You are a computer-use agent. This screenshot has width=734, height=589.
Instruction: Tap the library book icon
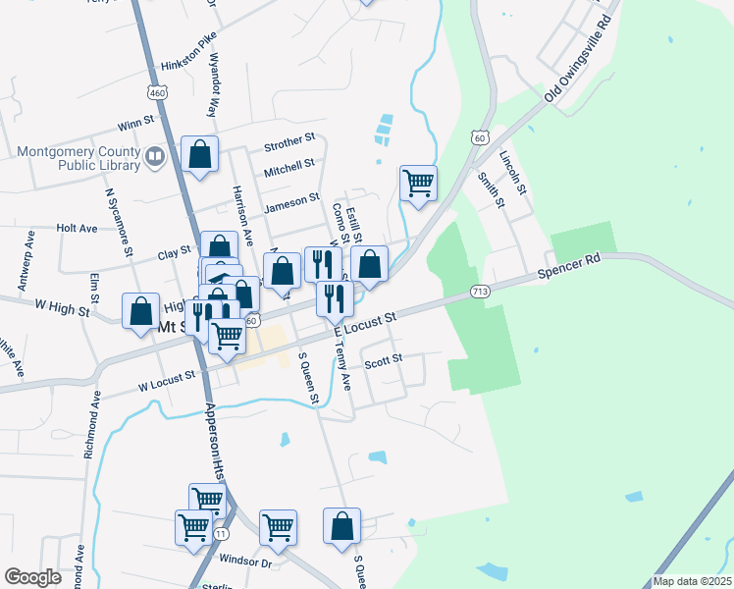154,157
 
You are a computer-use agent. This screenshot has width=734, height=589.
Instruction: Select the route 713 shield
480,291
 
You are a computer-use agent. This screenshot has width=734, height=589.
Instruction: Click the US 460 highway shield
157,92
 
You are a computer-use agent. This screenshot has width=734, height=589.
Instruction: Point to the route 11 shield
222,533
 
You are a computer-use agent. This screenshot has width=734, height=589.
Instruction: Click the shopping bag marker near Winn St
200,155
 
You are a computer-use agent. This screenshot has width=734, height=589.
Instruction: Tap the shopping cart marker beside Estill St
419,183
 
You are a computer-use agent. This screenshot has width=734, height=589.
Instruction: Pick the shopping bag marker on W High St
140,310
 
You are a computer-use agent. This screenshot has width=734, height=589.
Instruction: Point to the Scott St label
384,361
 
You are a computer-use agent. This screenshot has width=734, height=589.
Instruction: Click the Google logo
33,576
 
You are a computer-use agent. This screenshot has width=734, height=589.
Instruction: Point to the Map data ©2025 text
692,581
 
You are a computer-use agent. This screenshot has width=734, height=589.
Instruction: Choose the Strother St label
289,145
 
